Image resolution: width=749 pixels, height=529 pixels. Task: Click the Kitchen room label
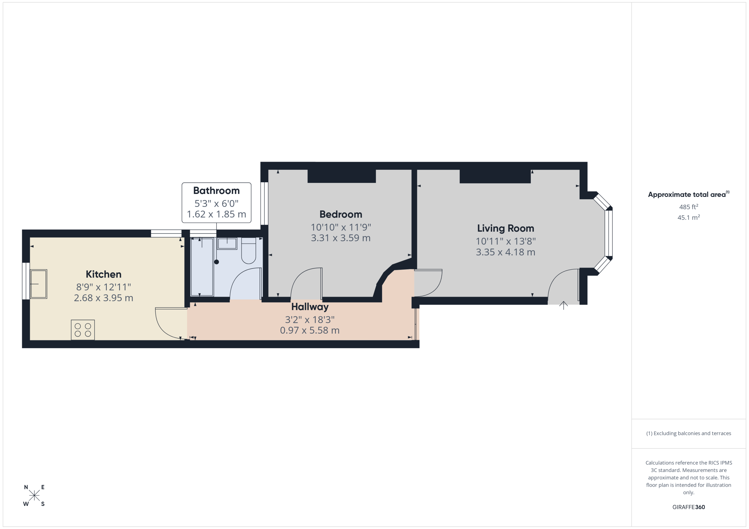tap(103, 274)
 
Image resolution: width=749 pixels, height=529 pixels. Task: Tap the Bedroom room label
tap(341, 214)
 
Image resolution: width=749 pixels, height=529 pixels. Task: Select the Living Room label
tap(505, 228)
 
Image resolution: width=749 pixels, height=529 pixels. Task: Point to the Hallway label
tap(310, 307)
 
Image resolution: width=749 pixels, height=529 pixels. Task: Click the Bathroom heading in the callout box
tap(216, 190)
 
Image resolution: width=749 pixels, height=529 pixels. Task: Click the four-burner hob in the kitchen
tap(83, 330)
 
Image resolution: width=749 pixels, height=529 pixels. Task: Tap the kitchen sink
tap(39, 284)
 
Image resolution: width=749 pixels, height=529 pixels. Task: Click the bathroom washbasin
tap(227, 244)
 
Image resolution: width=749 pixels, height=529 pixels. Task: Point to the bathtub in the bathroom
tap(202, 267)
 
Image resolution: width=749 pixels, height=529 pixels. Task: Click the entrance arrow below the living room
tap(564, 305)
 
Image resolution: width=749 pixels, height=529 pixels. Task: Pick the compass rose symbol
tap(34, 495)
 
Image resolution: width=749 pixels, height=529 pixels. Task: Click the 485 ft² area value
tap(689, 207)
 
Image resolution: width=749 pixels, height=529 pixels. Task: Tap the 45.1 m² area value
tap(689, 217)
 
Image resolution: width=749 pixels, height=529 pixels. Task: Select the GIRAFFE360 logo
tap(689, 507)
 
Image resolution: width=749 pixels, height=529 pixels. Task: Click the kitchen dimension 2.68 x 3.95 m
tap(103, 298)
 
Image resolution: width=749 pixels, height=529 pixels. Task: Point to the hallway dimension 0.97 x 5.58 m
tap(310, 330)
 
